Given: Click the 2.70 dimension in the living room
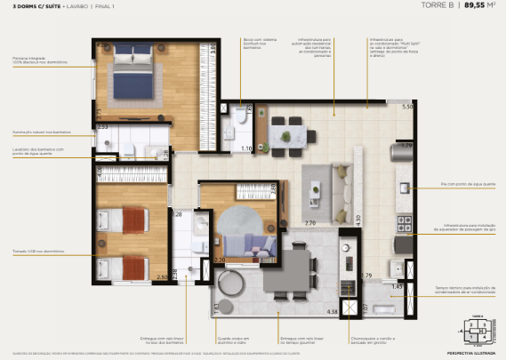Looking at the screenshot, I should coord(310,223).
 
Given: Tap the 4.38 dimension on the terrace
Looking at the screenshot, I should coord(333,311).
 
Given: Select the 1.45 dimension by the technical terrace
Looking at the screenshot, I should coord(398,287).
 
